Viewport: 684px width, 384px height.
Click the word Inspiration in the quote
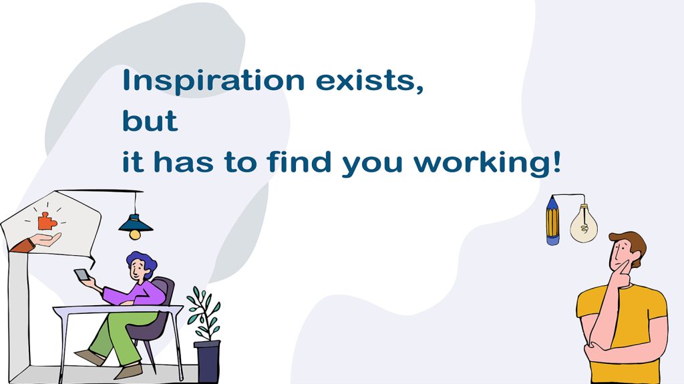tap(214, 80)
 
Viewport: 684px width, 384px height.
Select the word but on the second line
tap(150, 120)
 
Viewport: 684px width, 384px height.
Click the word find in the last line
tap(299, 161)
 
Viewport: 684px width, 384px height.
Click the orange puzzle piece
tap(47, 221)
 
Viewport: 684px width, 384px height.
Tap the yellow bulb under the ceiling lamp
tap(135, 235)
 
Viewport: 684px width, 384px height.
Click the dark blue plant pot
tap(207, 362)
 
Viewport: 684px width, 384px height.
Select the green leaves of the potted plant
tap(204, 312)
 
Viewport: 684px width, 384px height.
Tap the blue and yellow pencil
tap(552, 220)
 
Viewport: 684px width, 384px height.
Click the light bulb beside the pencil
tap(584, 224)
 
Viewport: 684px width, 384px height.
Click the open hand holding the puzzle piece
tap(46, 239)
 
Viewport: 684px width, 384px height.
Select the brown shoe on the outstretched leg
tap(90, 357)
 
